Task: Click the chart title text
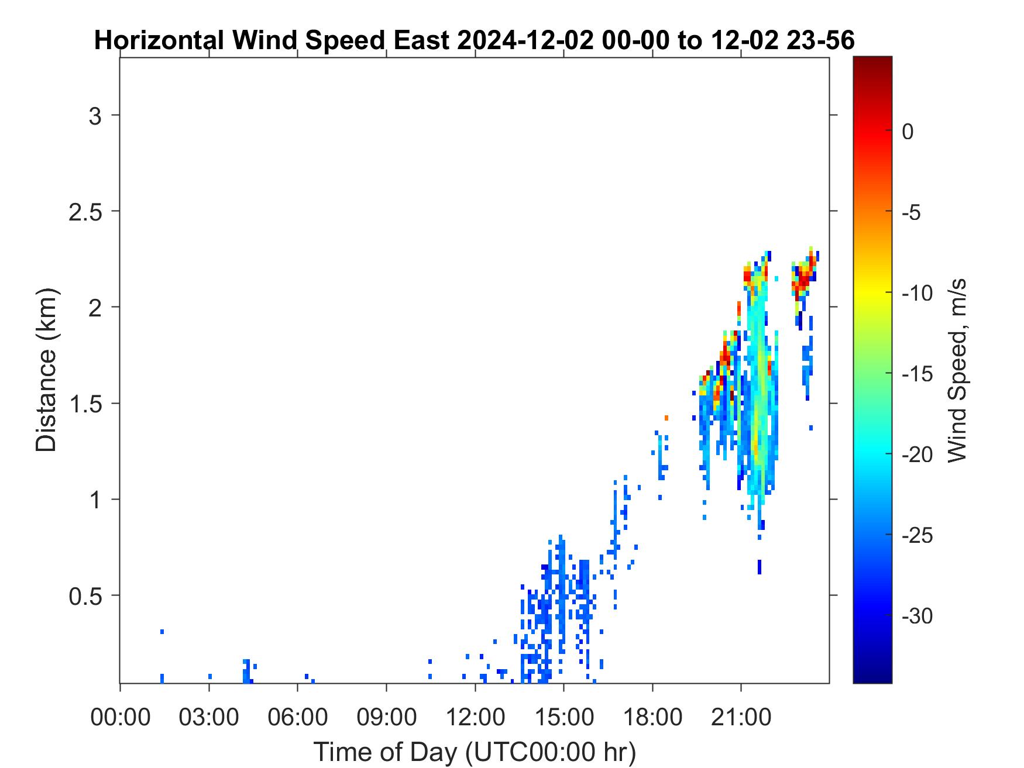tap(475, 41)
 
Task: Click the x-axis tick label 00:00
tap(121, 717)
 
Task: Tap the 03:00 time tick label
tap(209, 717)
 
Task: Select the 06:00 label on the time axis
tap(298, 717)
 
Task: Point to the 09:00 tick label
tap(386, 717)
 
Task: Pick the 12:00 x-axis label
tap(475, 717)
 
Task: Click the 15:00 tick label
tap(563, 717)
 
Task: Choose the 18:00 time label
tap(652, 717)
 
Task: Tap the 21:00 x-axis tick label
tap(741, 717)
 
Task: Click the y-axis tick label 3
tap(95, 116)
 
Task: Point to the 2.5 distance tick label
tap(85, 212)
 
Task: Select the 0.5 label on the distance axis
tap(85, 596)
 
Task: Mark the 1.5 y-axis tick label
tap(85, 404)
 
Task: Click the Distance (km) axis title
tap(46, 370)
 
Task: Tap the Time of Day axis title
tap(475, 752)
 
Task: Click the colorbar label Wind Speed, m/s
tap(957, 370)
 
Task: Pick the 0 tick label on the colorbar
tap(908, 132)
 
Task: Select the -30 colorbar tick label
tap(917, 616)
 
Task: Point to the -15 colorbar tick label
tap(917, 374)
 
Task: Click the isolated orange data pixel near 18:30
tap(666, 418)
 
